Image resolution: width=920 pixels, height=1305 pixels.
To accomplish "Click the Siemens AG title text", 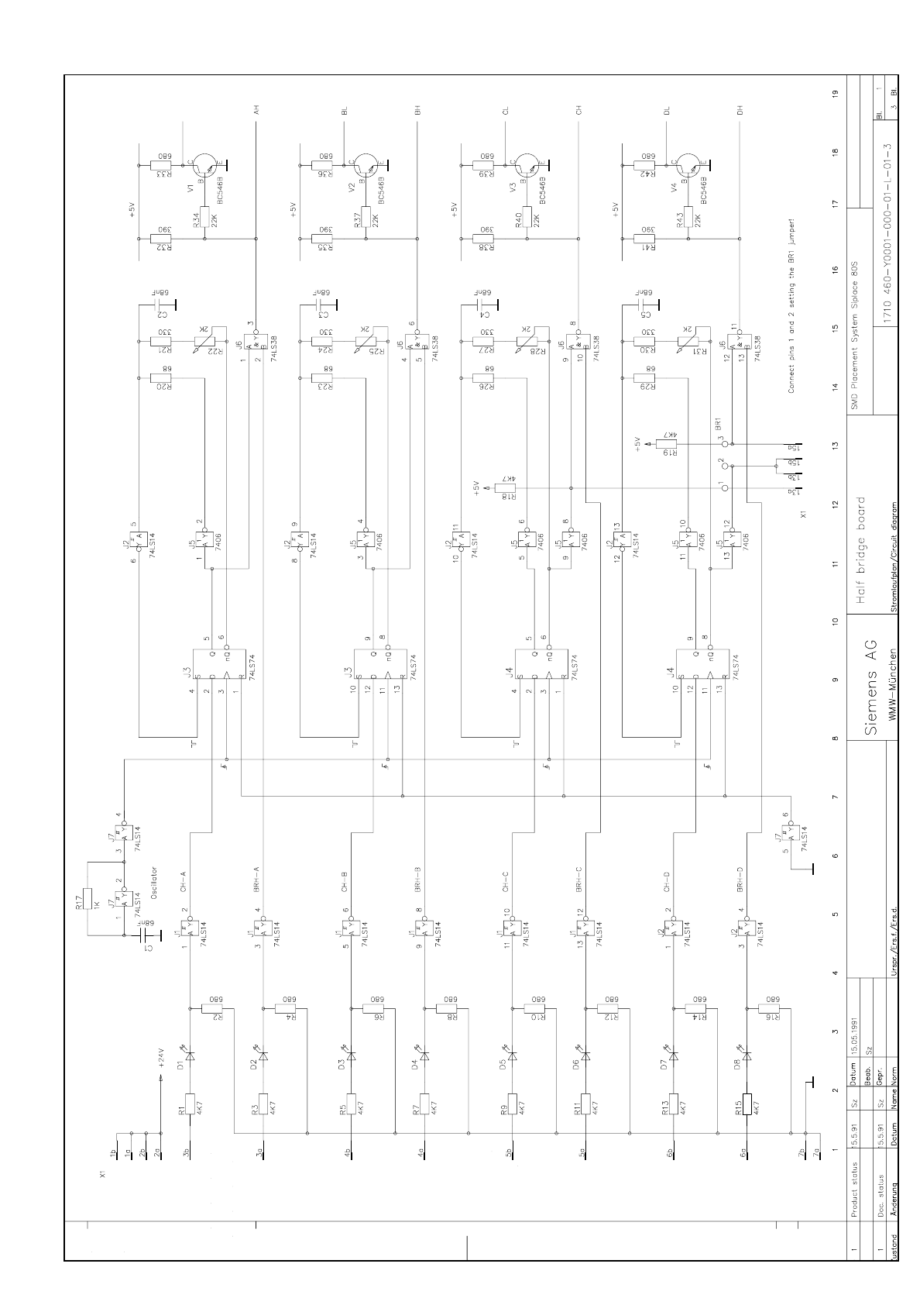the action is point(870,688).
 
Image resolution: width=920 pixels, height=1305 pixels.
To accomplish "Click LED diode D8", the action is point(747,1055).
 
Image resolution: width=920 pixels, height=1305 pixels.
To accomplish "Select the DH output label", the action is point(740,109).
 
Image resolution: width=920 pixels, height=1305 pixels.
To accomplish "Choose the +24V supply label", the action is point(161,1059).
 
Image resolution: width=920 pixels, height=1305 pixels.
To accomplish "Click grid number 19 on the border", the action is point(835,94).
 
